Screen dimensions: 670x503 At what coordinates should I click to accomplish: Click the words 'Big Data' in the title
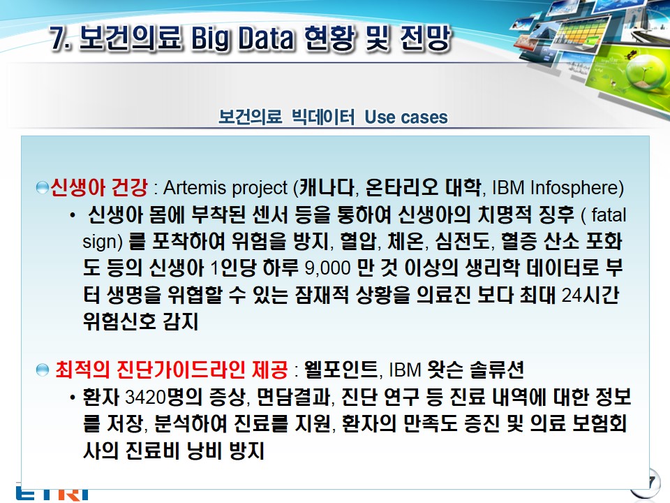[242, 38]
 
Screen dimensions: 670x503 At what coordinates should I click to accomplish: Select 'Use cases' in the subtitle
[406, 117]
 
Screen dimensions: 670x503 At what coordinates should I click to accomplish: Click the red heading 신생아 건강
[98, 187]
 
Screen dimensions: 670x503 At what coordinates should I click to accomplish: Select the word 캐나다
[327, 187]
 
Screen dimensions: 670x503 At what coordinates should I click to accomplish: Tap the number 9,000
[328, 268]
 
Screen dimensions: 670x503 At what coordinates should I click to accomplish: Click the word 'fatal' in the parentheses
[609, 214]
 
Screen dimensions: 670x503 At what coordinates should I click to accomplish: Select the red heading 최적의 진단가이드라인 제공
[172, 370]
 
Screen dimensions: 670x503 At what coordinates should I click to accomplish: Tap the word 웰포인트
[341, 370]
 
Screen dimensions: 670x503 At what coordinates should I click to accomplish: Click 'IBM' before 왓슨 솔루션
[405, 370]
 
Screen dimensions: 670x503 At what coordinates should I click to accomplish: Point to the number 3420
[145, 397]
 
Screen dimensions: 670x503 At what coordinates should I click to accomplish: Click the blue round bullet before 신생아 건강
[43, 188]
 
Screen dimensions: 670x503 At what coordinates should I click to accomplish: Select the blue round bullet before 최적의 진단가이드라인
[43, 370]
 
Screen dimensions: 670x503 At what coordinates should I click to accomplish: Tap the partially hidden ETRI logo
[52, 494]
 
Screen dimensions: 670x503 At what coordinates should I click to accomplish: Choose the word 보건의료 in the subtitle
[250, 117]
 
